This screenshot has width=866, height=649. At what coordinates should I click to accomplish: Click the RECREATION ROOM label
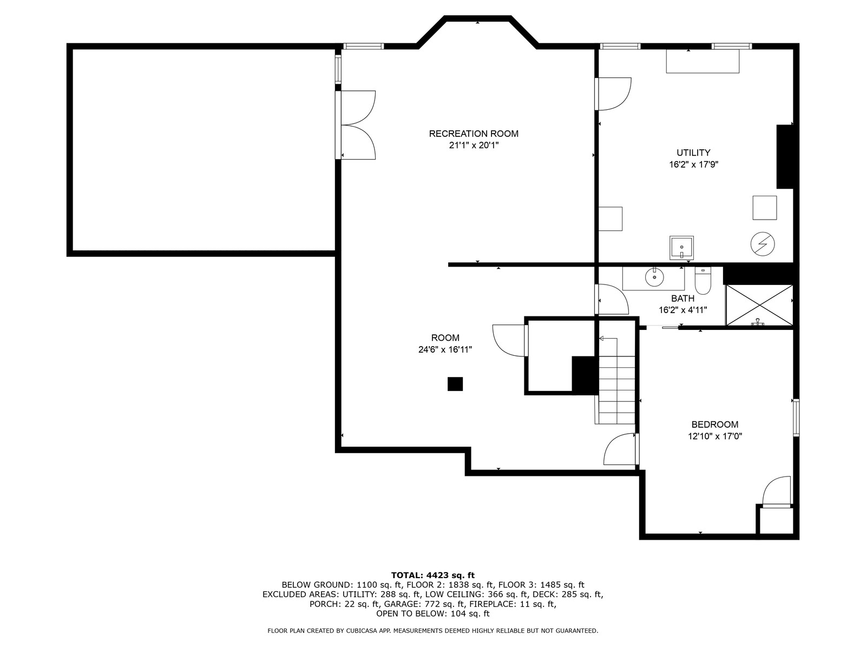pos(474,134)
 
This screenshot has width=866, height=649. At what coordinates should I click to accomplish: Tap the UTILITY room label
pos(693,153)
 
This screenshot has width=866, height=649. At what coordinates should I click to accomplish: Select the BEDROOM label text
pos(715,425)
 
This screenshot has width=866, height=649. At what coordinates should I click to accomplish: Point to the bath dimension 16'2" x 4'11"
pos(683,310)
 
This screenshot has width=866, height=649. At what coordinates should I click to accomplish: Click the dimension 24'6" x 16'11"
pos(445,349)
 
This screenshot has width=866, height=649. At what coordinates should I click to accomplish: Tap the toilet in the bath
pos(703,281)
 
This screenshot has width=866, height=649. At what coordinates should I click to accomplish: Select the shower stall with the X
pos(759,306)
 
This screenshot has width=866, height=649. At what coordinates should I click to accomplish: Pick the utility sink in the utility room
pos(681,248)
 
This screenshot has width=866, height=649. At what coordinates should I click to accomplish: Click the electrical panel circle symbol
pos(763,244)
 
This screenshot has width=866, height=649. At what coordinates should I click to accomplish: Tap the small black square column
pos(455,384)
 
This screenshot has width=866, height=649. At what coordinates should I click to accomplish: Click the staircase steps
pos(617,390)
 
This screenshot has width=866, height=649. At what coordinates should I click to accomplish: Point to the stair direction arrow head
pos(602,338)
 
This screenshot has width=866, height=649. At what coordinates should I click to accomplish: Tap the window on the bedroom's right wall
pos(796,418)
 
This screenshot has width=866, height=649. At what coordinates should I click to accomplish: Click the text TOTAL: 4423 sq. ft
pos(433,575)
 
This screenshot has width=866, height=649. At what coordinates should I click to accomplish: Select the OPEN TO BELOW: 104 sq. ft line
pos(433,613)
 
